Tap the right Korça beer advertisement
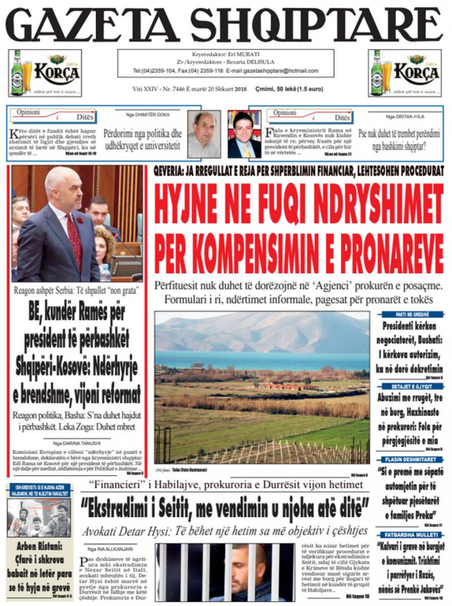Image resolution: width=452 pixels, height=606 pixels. pyautogui.click(x=405, y=73)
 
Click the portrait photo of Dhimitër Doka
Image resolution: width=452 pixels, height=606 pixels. pyautogui.click(x=204, y=134)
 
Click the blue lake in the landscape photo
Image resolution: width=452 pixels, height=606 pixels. pyautogui.click(x=261, y=360)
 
